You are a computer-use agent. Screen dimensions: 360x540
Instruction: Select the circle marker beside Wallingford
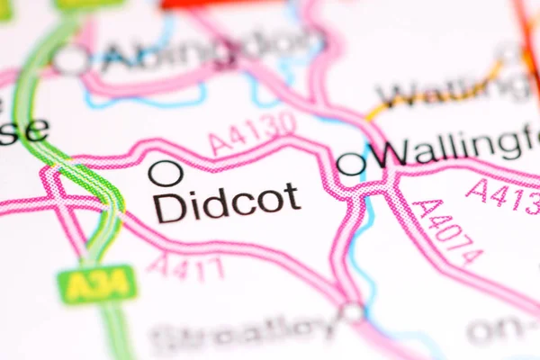tap(351, 163)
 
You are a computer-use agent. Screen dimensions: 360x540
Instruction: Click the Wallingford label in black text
tap(459, 148)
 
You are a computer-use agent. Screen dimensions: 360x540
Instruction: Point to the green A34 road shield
tap(96, 284)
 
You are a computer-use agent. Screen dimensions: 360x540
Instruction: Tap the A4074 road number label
tap(447, 231)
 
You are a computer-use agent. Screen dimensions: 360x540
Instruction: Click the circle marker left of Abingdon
tap(71, 60)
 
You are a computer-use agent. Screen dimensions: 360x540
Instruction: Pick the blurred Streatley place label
tap(243, 335)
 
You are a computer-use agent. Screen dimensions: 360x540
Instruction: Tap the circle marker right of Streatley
tap(352, 312)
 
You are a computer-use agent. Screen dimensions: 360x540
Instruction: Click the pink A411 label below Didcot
tap(185, 266)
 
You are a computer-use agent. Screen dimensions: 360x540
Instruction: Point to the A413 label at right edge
tap(504, 195)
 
